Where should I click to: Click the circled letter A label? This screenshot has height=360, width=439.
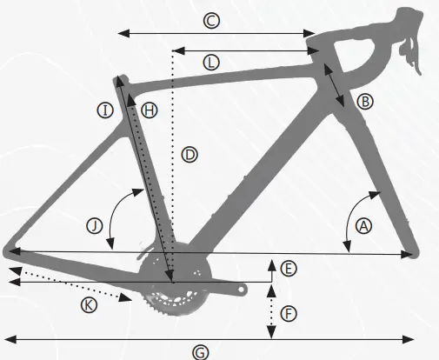363,225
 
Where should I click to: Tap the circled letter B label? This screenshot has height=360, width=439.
365,102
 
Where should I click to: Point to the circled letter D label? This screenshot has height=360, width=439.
190,154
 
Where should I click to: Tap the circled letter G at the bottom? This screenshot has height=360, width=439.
200,351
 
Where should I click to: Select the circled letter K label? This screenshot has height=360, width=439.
88,303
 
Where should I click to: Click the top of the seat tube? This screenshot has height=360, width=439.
121,80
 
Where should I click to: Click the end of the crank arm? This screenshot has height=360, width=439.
246,286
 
